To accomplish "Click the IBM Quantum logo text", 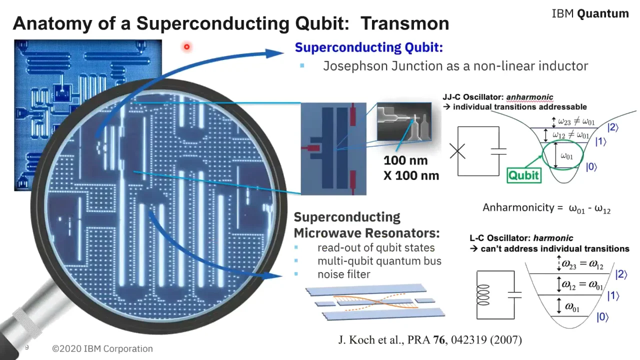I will pyautogui.click(x=590, y=13).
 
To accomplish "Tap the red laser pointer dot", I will pyautogui.click(x=186, y=47).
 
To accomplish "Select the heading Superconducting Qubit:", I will pyautogui.click(x=368, y=47).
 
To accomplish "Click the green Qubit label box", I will pyautogui.click(x=523, y=175).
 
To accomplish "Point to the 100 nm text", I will pyautogui.click(x=405, y=160).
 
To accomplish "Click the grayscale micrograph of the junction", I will pyautogui.click(x=403, y=121).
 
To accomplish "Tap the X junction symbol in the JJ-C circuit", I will pyautogui.click(x=457, y=151).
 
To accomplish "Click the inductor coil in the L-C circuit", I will pyautogui.click(x=483, y=295).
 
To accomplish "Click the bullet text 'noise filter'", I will pyautogui.click(x=343, y=274).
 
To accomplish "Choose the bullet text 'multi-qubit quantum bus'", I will pyautogui.click(x=379, y=261).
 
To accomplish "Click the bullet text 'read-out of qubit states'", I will pyautogui.click(x=376, y=247).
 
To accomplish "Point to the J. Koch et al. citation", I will pyautogui.click(x=430, y=340).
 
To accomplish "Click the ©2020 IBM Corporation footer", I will pyautogui.click(x=102, y=349).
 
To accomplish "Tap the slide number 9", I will pyautogui.click(x=27, y=347).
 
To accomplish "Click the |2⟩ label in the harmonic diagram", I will pyautogui.click(x=621, y=274).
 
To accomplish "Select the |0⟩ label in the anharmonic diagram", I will pyautogui.click(x=591, y=167).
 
